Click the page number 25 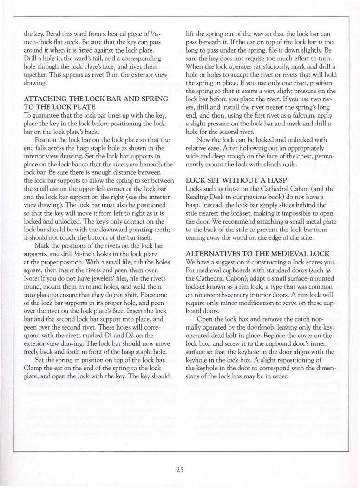pos(180,469)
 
